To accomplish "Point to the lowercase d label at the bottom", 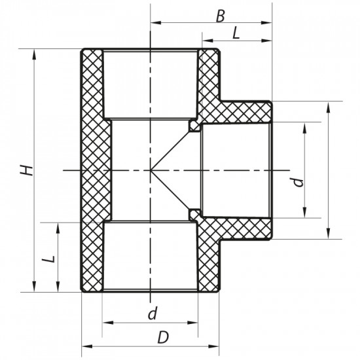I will (x=152, y=313).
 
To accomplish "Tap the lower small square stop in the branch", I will (x=194, y=214).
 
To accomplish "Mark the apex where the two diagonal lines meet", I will (x=151, y=170).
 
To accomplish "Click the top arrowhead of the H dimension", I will (x=33, y=53).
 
